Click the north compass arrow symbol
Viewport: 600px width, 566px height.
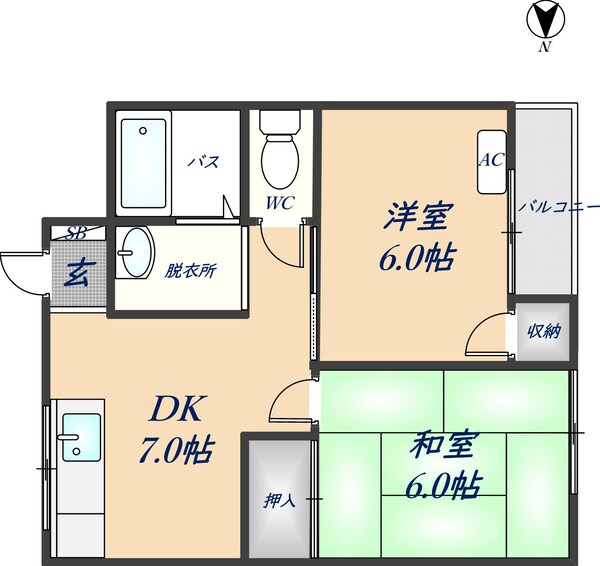[545, 21]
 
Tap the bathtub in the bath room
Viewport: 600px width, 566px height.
[143, 166]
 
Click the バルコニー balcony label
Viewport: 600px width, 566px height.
[558, 207]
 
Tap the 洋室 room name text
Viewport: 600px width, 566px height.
[415, 217]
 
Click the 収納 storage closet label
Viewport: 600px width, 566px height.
[543, 331]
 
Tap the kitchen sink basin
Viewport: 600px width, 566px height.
[78, 437]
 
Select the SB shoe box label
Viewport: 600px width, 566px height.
[75, 233]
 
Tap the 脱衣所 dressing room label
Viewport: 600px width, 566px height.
[193, 270]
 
